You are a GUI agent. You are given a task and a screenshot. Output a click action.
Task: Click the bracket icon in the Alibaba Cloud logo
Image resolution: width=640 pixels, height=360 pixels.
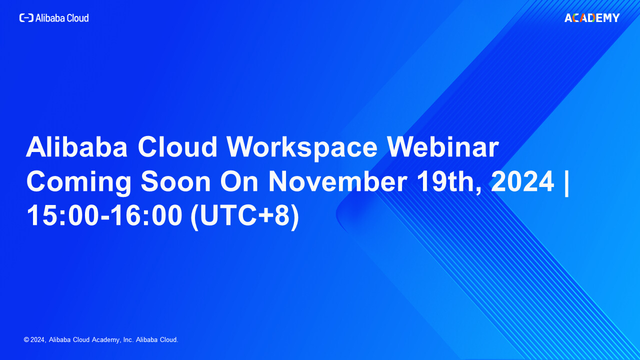(x=26, y=18)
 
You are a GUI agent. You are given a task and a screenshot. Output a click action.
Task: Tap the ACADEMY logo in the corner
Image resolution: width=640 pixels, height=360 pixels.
(x=592, y=18)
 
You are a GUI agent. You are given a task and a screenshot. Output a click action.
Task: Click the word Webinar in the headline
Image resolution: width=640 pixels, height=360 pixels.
(x=443, y=147)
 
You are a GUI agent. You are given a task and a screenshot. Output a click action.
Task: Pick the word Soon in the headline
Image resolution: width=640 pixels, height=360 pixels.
(x=175, y=181)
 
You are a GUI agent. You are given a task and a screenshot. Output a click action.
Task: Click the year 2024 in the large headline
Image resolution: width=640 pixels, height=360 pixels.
(x=522, y=181)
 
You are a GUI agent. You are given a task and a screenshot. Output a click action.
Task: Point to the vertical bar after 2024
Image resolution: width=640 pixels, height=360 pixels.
(x=567, y=183)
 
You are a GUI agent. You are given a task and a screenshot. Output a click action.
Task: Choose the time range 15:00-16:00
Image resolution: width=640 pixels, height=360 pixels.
(x=104, y=215)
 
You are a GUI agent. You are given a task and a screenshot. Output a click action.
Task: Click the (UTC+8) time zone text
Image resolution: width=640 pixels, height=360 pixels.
(x=245, y=216)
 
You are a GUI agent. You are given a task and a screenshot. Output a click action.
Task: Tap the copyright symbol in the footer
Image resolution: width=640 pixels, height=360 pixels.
(x=26, y=339)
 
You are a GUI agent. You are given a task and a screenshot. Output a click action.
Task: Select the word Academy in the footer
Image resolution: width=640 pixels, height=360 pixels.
(x=106, y=340)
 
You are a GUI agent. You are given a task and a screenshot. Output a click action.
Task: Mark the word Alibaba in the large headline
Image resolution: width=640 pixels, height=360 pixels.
(x=77, y=147)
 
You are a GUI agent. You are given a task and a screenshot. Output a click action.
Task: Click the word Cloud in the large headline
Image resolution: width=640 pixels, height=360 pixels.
(x=177, y=147)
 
